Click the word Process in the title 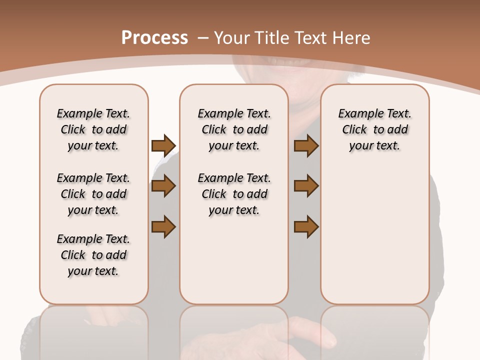[x=154, y=38]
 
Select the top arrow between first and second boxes [x=163, y=145]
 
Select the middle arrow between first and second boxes [x=163, y=186]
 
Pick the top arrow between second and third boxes [x=306, y=145]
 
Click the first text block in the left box [x=93, y=129]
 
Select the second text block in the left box [x=93, y=194]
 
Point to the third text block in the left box [x=93, y=255]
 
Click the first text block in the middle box [x=234, y=129]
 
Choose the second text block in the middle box [x=234, y=194]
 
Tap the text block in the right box [x=374, y=129]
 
